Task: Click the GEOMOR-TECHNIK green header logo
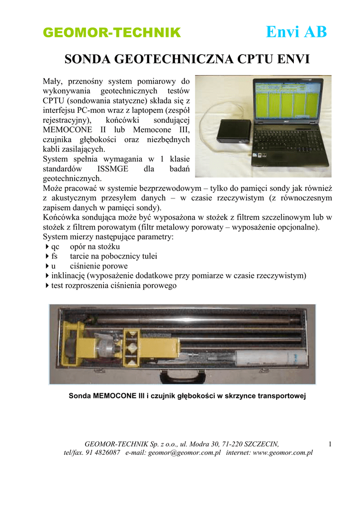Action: click(x=111, y=33)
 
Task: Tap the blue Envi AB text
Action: click(x=296, y=32)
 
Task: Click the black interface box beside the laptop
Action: click(x=236, y=130)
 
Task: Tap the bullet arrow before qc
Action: click(x=47, y=247)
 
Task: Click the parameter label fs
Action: click(x=55, y=256)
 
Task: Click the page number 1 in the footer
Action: click(x=330, y=443)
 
